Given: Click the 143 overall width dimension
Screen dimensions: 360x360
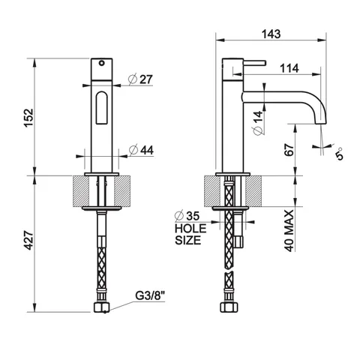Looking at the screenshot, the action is click(271, 34).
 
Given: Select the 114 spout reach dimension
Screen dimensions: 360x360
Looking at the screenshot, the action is click(289, 68).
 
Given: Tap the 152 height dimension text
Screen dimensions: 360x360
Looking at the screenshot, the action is click(28, 118).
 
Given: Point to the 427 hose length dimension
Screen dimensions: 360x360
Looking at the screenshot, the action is click(28, 241).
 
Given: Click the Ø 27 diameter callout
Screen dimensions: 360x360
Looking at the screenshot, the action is click(140, 79).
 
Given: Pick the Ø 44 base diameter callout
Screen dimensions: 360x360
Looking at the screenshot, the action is click(141, 150).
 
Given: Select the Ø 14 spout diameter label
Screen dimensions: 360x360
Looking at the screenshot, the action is click(259, 123).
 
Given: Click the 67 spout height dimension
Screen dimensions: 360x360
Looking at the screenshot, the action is click(289, 150).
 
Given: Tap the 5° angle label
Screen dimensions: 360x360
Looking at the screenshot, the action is click(339, 154).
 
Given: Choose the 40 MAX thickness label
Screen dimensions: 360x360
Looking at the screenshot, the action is click(289, 230).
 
